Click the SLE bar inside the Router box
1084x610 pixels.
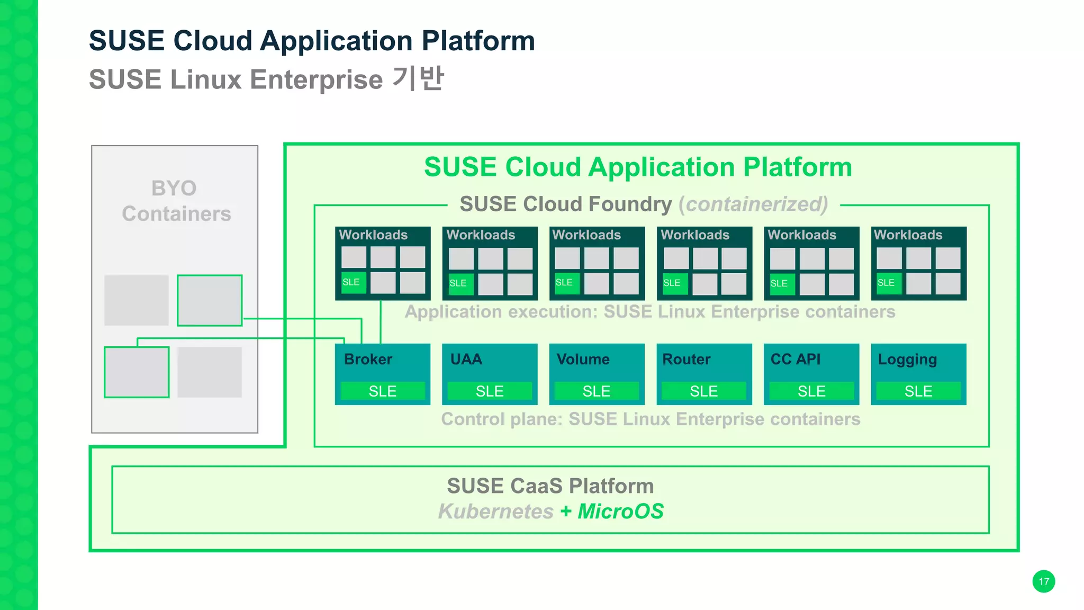click(x=704, y=391)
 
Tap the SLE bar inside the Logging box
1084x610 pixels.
click(x=918, y=391)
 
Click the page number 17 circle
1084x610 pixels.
click(x=1043, y=581)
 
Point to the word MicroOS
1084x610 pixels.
click(x=620, y=512)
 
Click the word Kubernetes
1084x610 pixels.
click(x=495, y=512)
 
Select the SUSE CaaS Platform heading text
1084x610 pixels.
click(x=550, y=486)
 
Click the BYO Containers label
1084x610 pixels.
click(x=176, y=201)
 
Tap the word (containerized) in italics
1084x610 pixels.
click(x=753, y=204)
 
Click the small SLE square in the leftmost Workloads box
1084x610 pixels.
click(x=353, y=282)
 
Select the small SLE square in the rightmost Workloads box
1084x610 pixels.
click(x=888, y=283)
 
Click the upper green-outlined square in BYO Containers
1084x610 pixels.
click(x=210, y=300)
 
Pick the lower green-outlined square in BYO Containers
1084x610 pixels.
click(x=137, y=372)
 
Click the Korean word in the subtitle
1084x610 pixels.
click(x=418, y=79)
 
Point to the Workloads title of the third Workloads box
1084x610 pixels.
click(x=586, y=235)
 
